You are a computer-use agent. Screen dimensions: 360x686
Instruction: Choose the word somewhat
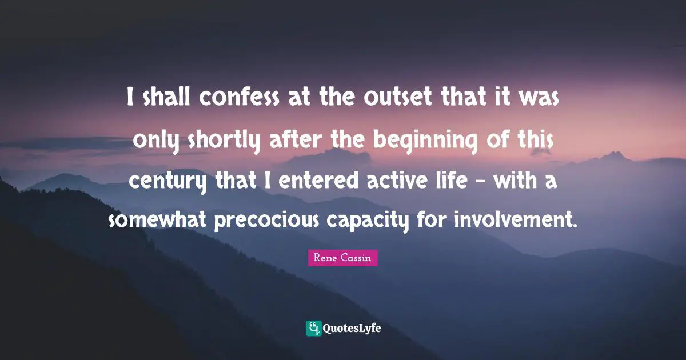coord(158,220)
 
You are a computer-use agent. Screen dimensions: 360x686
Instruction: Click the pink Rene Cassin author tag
coord(342,258)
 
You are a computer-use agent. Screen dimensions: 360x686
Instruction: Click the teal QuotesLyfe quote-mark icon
coord(313,328)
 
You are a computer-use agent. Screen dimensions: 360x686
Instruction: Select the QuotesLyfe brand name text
coord(353,329)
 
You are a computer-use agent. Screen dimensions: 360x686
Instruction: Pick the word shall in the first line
coord(167,100)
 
